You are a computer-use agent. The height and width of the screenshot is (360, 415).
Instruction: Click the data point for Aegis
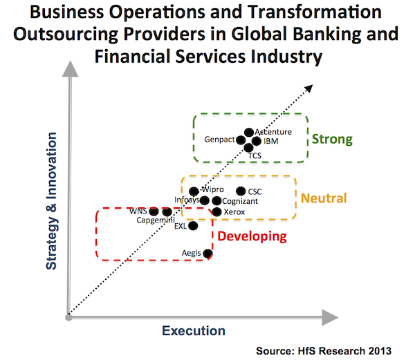pos(208,254)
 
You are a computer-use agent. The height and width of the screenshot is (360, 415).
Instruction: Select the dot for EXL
pos(193,225)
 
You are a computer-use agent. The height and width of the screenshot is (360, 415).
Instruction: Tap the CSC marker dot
pos(241,191)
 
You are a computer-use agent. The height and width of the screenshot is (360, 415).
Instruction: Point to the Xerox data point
pos(216,211)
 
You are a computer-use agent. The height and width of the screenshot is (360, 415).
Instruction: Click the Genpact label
pos(219,140)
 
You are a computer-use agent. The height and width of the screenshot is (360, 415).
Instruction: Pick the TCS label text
pos(255,156)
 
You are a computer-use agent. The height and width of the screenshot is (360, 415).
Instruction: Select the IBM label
pos(271,141)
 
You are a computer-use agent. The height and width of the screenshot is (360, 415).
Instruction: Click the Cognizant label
pos(241,201)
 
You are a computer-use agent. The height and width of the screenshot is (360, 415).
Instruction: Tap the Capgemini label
pos(155,220)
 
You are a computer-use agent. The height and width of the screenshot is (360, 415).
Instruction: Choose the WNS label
pos(138,211)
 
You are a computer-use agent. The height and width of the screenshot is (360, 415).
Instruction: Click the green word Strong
pos(332,140)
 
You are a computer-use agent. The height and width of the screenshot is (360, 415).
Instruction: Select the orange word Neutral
pos(323,199)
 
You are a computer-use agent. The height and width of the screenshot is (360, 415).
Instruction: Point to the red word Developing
pos(252,236)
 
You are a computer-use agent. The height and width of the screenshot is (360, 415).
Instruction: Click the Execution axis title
pos(194,331)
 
